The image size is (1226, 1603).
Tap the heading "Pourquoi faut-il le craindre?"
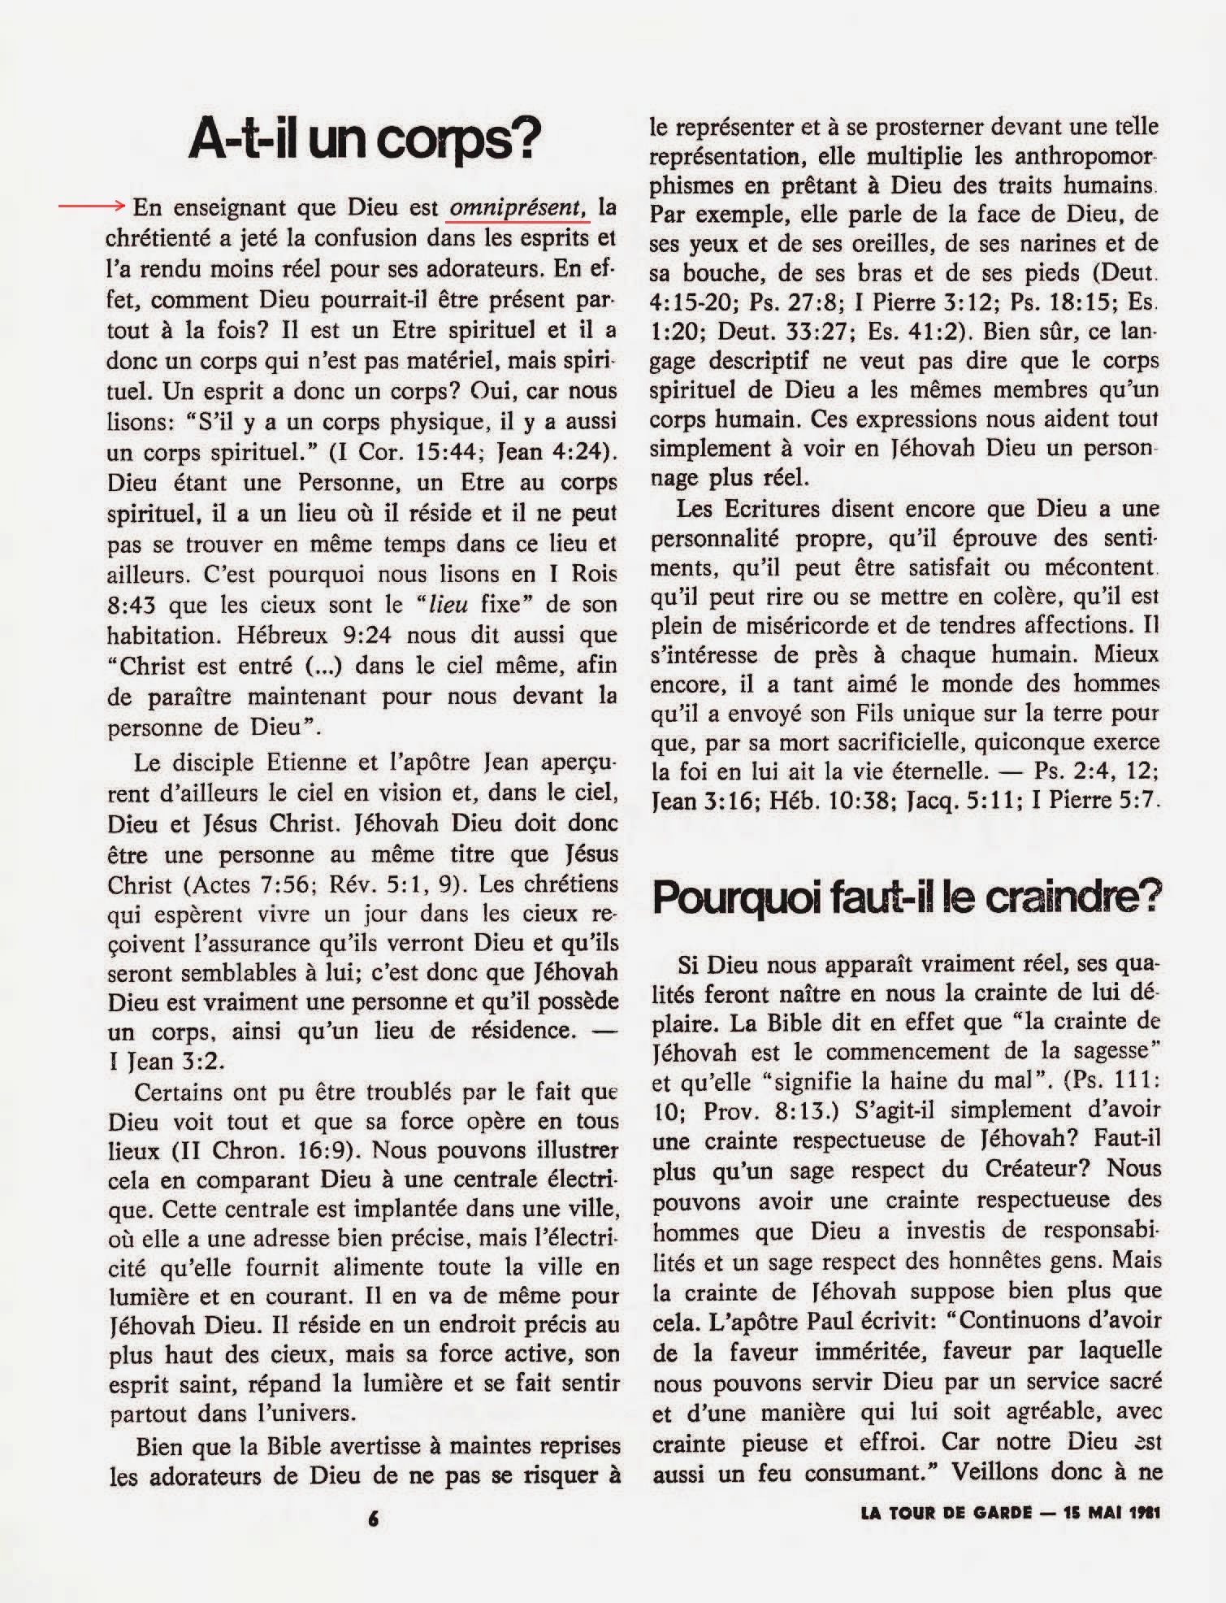[906, 898]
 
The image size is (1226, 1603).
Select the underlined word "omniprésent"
[517, 208]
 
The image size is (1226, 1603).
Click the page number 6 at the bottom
[373, 1517]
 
